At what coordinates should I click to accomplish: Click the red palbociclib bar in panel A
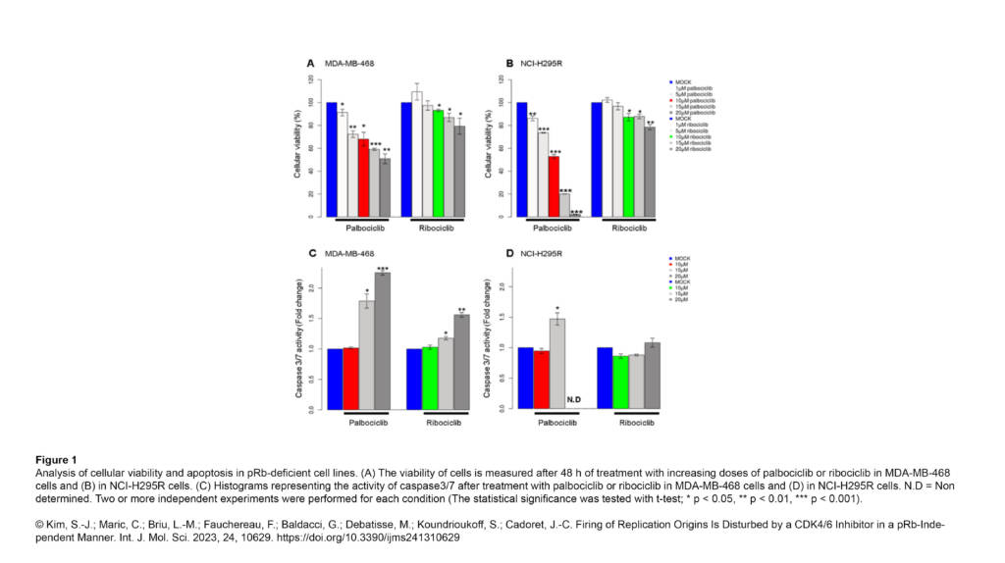click(x=363, y=178)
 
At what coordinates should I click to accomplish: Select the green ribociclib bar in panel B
click(x=628, y=167)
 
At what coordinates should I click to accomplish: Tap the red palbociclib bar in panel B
click(x=554, y=186)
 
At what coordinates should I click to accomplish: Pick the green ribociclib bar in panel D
click(x=620, y=383)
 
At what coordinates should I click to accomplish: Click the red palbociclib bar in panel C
click(x=350, y=379)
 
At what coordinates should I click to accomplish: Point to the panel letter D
click(x=509, y=254)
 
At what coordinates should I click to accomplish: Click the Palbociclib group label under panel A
click(x=359, y=229)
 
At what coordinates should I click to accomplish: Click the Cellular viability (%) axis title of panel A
click(x=295, y=146)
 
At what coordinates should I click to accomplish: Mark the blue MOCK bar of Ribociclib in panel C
click(x=413, y=379)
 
